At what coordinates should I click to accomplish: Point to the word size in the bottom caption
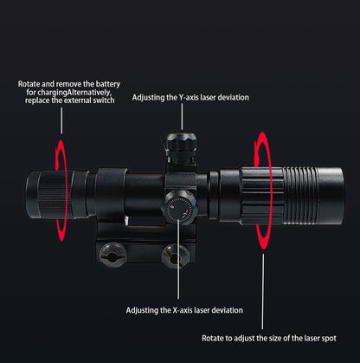coord(276,338)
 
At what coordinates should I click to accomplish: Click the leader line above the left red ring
coord(61,121)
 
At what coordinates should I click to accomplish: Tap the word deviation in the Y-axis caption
coord(228,98)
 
